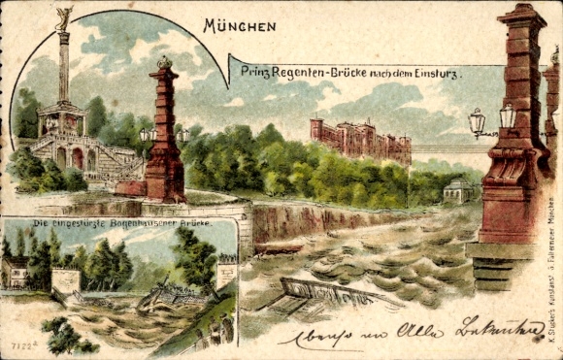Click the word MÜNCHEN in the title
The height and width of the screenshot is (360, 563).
240,26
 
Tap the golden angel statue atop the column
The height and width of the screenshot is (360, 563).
65,17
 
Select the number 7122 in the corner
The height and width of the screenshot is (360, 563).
21,343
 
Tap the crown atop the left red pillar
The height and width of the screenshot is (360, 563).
165,62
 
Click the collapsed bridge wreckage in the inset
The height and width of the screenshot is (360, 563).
175,291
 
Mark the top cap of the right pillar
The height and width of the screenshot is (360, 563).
522,12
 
